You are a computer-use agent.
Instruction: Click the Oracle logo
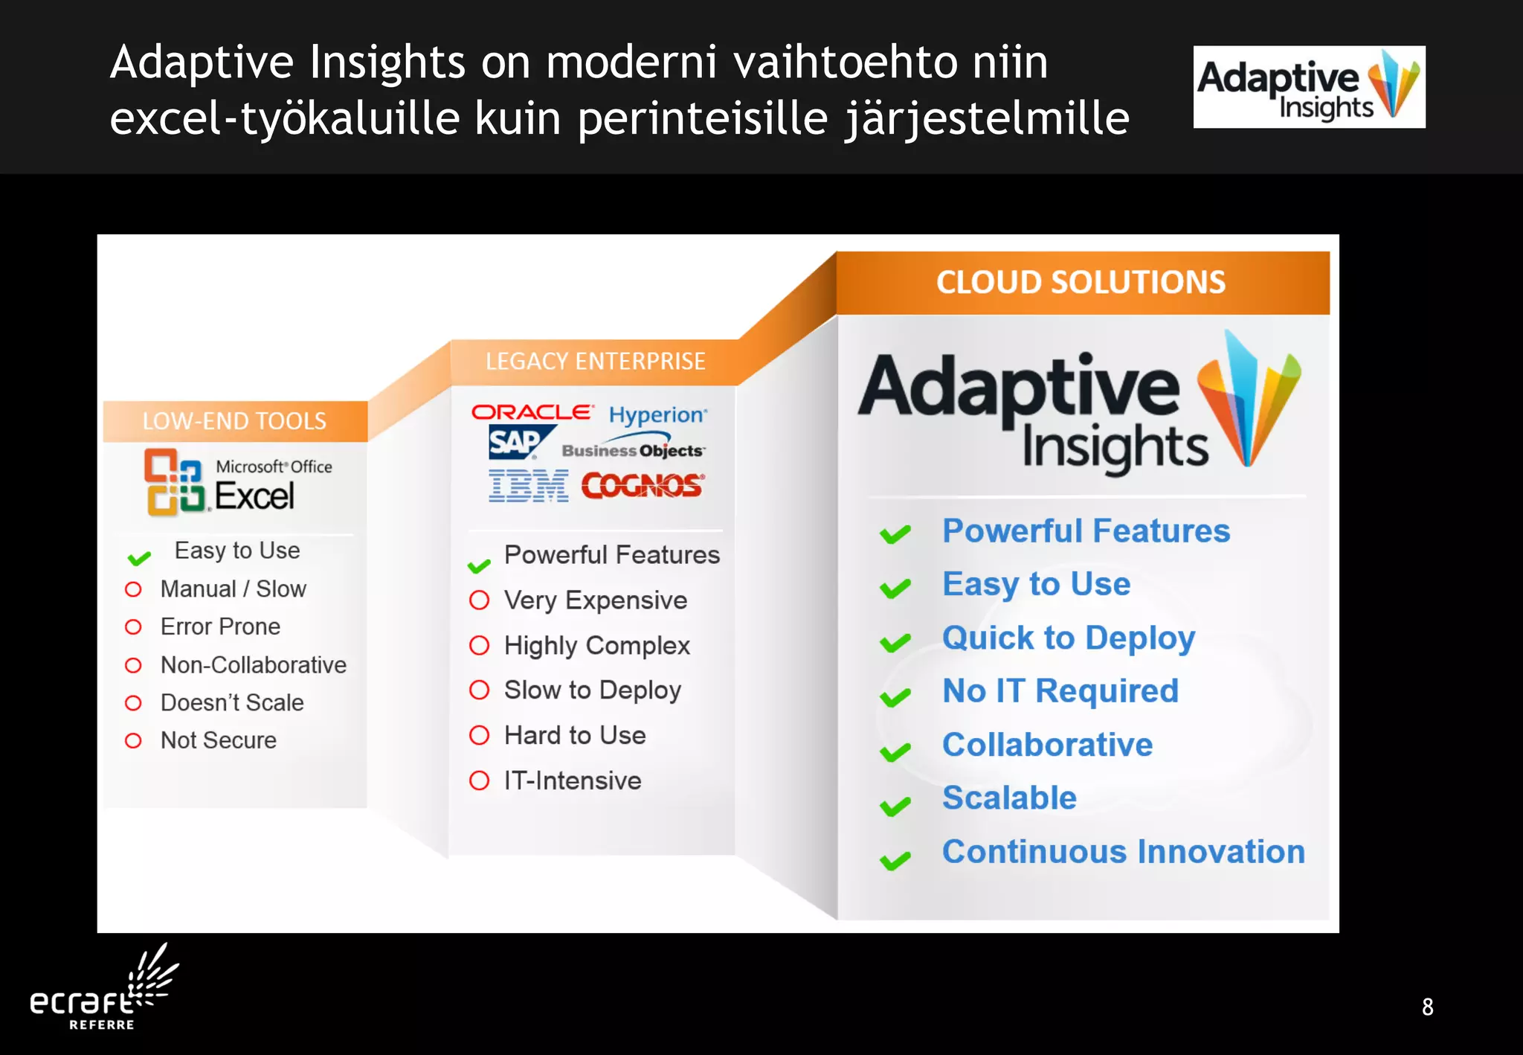(532, 412)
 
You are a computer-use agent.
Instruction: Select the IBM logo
(529, 486)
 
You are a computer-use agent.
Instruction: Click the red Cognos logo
(643, 486)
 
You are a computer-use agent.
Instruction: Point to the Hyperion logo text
(657, 414)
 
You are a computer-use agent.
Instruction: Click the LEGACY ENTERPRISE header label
(595, 362)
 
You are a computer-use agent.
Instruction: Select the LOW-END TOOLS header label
(234, 421)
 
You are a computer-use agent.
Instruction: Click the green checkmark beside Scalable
(895, 806)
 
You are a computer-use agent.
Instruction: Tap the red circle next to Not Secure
(133, 740)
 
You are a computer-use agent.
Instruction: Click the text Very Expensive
(595, 600)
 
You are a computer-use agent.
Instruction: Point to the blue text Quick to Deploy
(1068, 638)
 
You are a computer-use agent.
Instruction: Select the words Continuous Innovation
(1123, 852)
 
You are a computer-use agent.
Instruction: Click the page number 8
(1427, 1007)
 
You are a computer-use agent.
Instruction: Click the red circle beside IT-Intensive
(480, 780)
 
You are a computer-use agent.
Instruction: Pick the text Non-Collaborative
(253, 664)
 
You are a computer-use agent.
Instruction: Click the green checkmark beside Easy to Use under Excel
(139, 557)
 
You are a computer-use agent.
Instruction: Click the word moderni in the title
(631, 62)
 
